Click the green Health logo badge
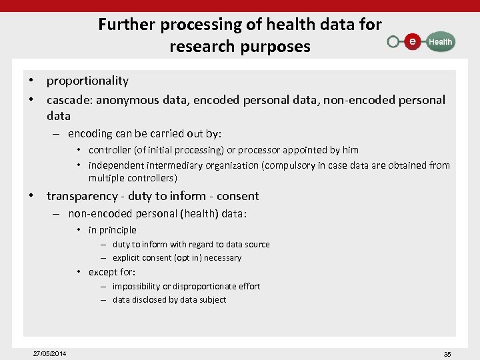[439, 41]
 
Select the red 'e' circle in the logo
[413, 41]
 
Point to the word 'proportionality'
[87, 81]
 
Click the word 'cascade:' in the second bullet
[69, 100]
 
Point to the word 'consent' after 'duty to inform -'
[238, 196]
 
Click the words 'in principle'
[112, 230]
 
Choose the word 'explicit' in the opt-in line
[126, 258]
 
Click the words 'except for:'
[111, 272]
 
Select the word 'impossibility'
[136, 286]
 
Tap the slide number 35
[447, 354]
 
